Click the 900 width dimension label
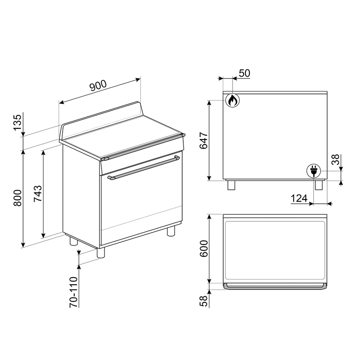[x=98, y=85]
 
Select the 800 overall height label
[x=18, y=198]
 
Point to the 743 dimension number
[x=38, y=193]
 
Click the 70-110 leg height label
[x=74, y=292]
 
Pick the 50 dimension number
[x=244, y=73]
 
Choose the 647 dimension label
[x=204, y=141]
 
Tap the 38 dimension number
[x=336, y=159]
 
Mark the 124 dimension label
[x=299, y=198]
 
